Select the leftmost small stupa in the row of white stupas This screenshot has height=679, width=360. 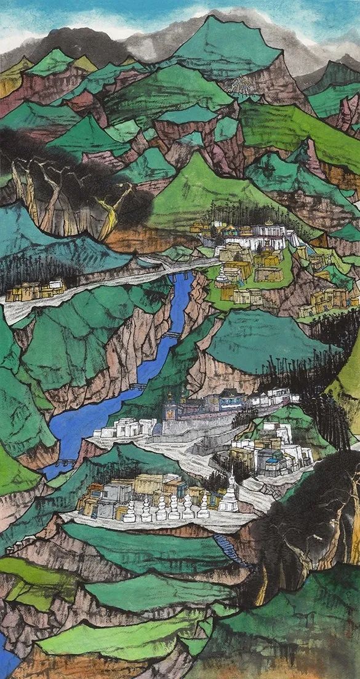click(129, 512)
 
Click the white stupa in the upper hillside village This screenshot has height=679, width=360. click(222, 275)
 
